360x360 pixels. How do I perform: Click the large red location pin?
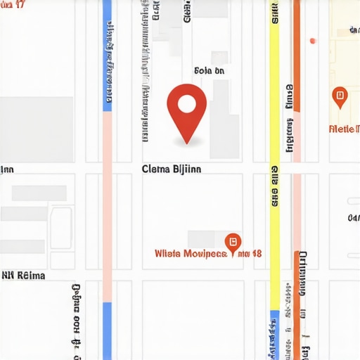(x=186, y=112)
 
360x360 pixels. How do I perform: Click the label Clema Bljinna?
(x=171, y=169)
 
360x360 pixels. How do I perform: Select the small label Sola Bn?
(x=209, y=70)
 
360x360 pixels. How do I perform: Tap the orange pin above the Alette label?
(x=340, y=97)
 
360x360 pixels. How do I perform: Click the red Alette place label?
(x=345, y=129)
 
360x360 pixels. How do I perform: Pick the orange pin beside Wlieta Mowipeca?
(x=232, y=241)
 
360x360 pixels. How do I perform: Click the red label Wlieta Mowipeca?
(x=191, y=253)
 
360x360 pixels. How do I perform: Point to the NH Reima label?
(x=23, y=276)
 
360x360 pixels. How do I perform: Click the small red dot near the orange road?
(x=312, y=41)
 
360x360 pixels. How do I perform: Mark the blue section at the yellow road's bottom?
(x=274, y=334)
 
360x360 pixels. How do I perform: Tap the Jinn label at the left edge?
(x=6, y=169)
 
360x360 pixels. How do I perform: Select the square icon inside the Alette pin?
(x=340, y=94)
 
